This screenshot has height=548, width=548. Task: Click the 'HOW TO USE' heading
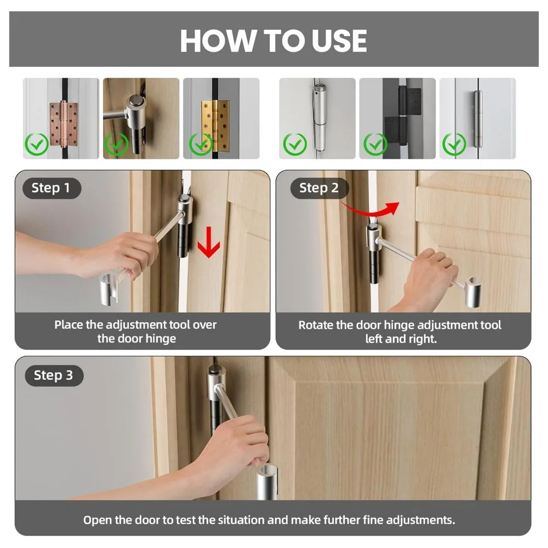pos(273,41)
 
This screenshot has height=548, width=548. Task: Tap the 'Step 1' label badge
pos(52,188)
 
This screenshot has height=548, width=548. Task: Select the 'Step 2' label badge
pos(319,188)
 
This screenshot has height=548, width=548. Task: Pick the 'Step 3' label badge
pos(54,375)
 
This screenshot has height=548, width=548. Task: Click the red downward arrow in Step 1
pos(209,242)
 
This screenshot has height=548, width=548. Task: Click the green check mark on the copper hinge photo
pos(37,144)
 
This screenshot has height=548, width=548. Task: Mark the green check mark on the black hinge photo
pos(375,144)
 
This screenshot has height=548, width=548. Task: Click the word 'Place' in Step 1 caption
pos(68,324)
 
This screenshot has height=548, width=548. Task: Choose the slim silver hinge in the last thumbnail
pos(477,119)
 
